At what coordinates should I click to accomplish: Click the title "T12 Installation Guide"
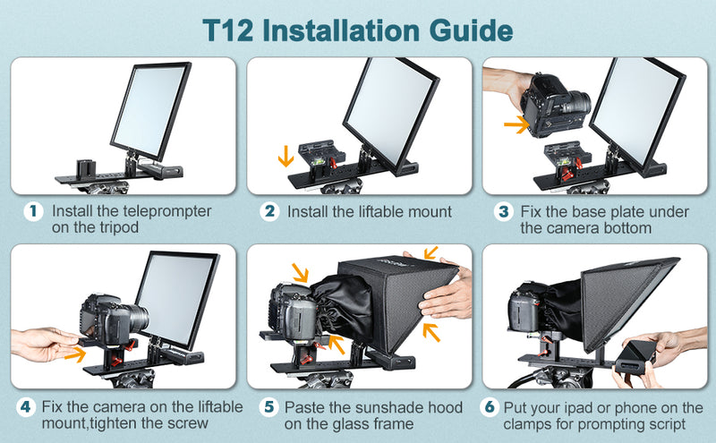tap(358, 29)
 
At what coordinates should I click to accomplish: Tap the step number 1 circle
tap(33, 212)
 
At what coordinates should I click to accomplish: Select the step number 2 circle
tap(269, 212)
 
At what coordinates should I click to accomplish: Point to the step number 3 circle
tap(505, 212)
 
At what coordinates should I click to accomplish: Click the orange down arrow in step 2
tap(286, 157)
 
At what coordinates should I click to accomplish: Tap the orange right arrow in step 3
tap(516, 124)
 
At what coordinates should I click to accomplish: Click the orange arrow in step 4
tap(73, 354)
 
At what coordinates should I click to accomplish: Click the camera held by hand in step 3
tap(555, 103)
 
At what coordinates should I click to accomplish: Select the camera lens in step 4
tap(132, 315)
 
